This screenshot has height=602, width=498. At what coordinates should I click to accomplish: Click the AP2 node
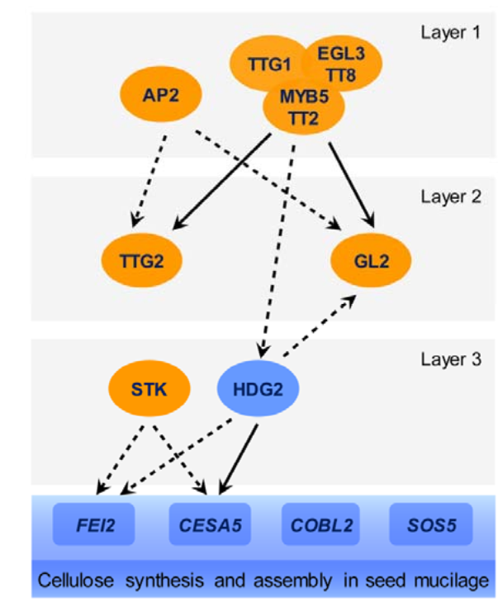pos(161,93)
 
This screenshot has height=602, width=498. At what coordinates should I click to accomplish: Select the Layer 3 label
pos(448,360)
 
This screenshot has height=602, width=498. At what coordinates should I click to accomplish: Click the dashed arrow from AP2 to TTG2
pos(149,178)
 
